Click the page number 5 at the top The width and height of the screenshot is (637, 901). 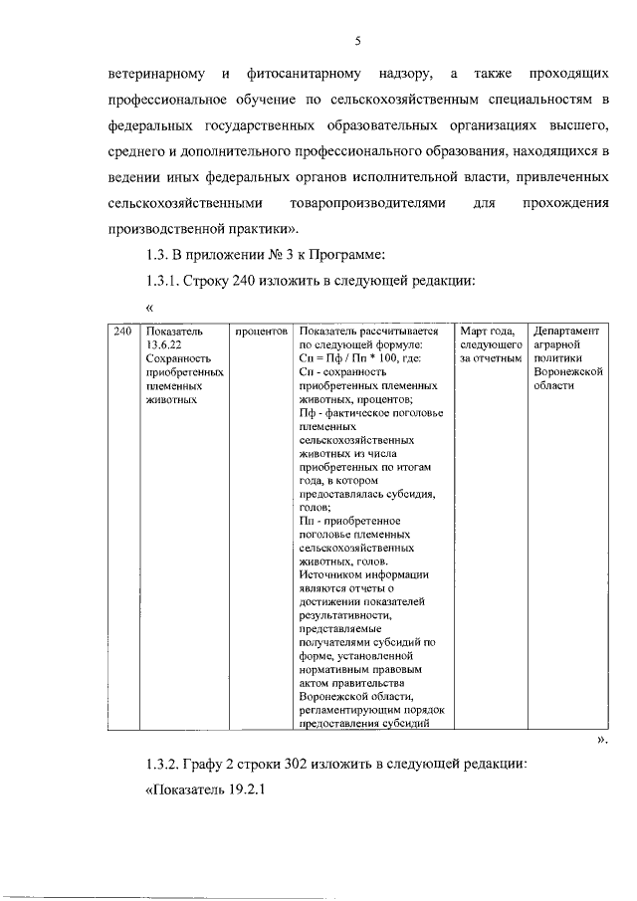click(357, 41)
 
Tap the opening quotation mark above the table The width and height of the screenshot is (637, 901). click(150, 308)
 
